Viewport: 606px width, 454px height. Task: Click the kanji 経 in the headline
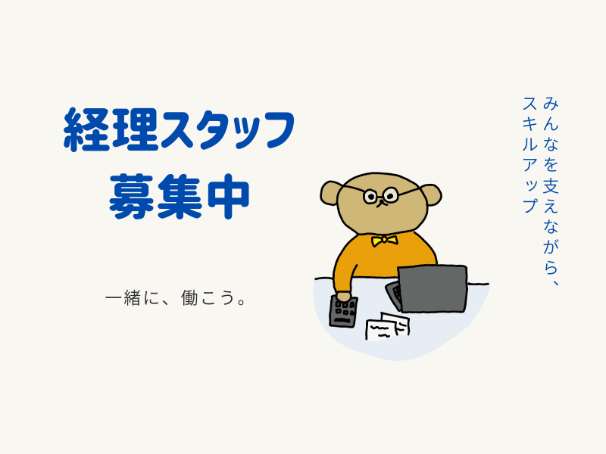coord(86,129)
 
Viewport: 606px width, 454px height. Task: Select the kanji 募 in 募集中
coord(132,196)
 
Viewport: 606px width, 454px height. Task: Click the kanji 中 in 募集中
coord(228,196)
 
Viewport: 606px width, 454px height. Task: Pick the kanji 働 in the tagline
coord(189,298)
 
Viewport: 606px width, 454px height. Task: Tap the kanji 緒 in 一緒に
coord(132,298)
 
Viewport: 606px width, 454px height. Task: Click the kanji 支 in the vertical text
coord(551,185)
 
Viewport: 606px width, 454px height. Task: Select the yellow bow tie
coord(384,241)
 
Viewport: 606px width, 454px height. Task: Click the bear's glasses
coord(381,195)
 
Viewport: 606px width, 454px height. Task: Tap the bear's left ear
coord(330,192)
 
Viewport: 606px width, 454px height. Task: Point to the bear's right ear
coord(430,195)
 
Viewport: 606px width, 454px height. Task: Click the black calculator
coord(343,311)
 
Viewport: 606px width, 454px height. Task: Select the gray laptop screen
coord(433,288)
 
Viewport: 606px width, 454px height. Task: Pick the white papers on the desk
coord(388,326)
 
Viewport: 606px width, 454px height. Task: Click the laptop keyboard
coord(393,295)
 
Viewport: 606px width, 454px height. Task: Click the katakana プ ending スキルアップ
coord(530,205)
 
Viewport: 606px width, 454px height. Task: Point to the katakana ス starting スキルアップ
coord(530,104)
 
